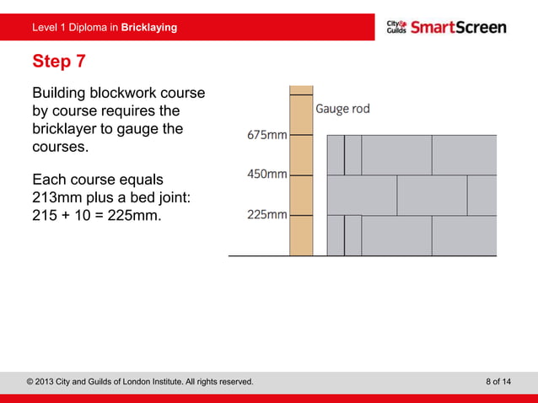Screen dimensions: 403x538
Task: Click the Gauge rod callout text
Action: click(342, 109)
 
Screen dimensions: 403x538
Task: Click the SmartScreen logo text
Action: click(459, 27)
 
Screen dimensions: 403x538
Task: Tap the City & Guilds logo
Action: click(396, 27)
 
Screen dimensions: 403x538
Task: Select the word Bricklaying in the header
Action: click(149, 28)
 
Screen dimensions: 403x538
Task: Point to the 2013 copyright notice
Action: click(140, 382)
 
